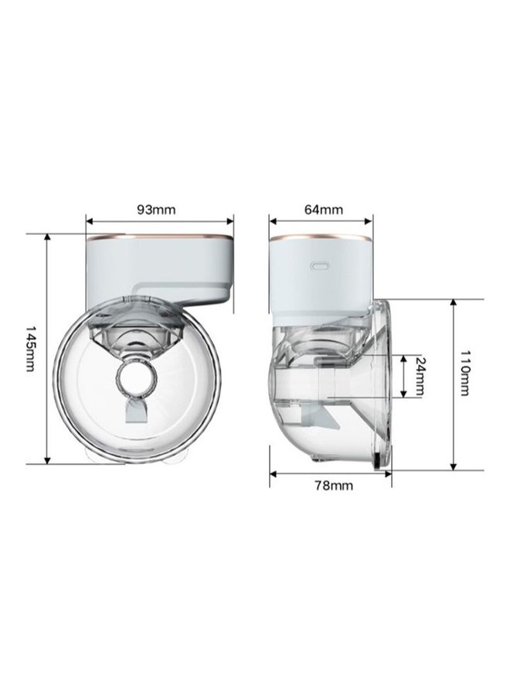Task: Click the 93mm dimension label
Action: (x=156, y=209)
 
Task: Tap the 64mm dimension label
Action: (x=324, y=209)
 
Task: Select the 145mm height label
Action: (x=31, y=350)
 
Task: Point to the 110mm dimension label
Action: (x=464, y=373)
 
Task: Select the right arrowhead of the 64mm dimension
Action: (x=368, y=220)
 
